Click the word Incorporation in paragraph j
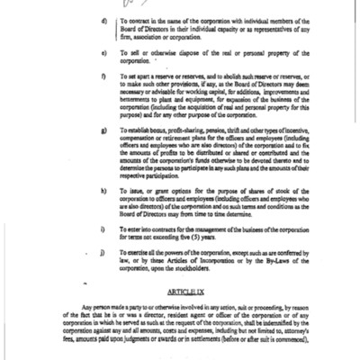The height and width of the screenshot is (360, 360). pos(197,265)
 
